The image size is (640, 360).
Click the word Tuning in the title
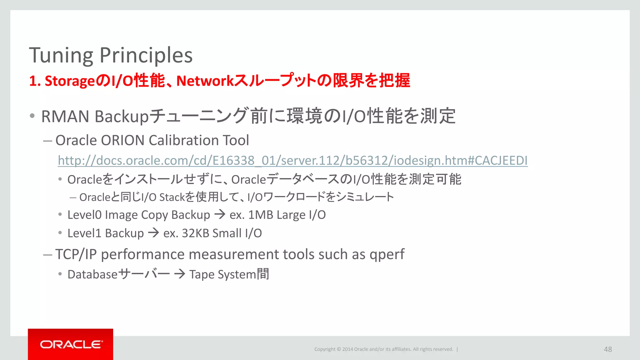[x=61, y=56]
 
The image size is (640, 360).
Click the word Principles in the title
[x=146, y=56]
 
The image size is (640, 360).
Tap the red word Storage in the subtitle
[x=70, y=81]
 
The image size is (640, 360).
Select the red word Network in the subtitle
[x=205, y=81]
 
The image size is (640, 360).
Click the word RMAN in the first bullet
[x=65, y=117]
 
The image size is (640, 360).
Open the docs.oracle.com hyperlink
[x=292, y=161]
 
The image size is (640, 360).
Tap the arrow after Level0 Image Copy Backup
[x=220, y=214]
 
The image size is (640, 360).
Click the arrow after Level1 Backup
[x=153, y=233]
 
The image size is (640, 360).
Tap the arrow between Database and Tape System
[x=180, y=274]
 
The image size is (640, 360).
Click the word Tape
[x=202, y=275]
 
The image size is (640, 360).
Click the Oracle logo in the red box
[x=71, y=344]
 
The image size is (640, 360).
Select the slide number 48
[x=608, y=349]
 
